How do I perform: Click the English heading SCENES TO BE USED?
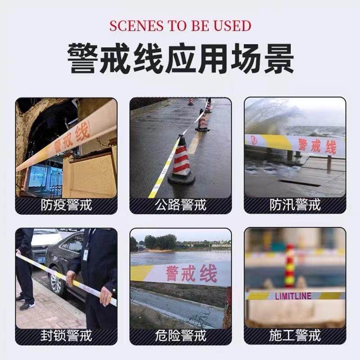tap(180, 26)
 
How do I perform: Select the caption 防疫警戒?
tap(66, 205)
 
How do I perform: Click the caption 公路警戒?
tap(180, 205)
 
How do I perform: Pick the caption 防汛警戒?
tap(295, 205)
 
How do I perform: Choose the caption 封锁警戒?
tap(66, 336)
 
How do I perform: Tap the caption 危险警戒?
tap(180, 336)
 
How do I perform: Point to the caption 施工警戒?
tap(295, 336)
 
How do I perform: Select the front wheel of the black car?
tap(56, 281)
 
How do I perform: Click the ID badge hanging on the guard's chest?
tap(85, 254)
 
